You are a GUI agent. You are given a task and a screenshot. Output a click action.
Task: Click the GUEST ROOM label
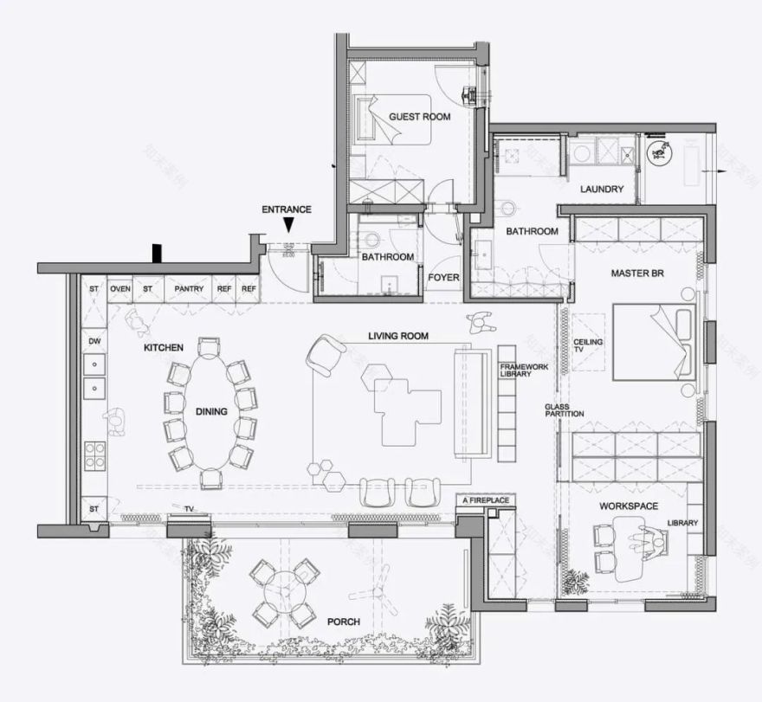(x=419, y=116)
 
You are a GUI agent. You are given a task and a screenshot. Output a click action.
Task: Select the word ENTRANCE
(x=287, y=209)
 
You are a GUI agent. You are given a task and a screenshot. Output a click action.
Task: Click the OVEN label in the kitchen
(x=120, y=288)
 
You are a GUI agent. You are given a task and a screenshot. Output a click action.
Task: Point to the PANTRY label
(x=188, y=288)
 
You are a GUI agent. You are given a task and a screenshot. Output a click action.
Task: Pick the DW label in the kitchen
(x=94, y=342)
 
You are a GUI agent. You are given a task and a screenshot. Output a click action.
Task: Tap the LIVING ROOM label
(x=398, y=336)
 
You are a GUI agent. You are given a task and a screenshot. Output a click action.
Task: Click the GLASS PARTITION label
(x=564, y=410)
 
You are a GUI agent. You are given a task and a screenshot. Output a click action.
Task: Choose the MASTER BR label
(x=636, y=274)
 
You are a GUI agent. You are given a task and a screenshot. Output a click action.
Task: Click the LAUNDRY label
(x=602, y=189)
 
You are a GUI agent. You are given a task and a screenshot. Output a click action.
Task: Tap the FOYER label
(x=443, y=278)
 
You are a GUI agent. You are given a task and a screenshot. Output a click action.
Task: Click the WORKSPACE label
(x=629, y=506)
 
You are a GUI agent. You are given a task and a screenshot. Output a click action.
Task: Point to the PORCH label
(x=343, y=621)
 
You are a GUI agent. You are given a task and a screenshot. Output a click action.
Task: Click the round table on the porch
(x=281, y=593)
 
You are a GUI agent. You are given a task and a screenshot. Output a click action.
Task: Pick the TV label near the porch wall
(x=188, y=509)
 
